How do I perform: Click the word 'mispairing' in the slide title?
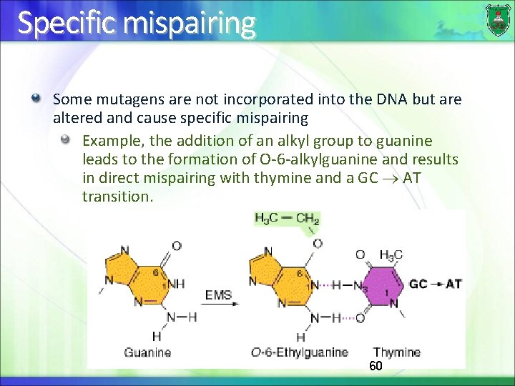tap(190, 23)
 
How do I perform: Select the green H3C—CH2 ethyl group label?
tap(287, 219)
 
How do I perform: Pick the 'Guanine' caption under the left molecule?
tap(147, 352)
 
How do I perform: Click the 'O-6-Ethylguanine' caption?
tap(299, 352)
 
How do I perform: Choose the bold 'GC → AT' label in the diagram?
tap(435, 284)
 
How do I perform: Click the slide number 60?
tap(376, 366)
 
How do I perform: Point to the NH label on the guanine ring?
tap(177, 283)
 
